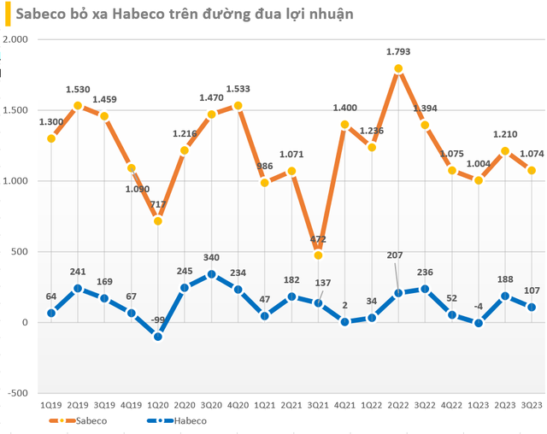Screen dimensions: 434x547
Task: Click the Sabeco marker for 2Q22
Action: pyautogui.click(x=398, y=69)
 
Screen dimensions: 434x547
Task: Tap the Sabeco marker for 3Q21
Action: pyautogui.click(x=318, y=255)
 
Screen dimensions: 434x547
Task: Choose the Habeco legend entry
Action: pyautogui.click(x=168, y=420)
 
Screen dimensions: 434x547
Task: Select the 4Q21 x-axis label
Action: pyautogui.click(x=345, y=406)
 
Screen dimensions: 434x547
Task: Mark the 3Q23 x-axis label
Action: pyautogui.click(x=532, y=406)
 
